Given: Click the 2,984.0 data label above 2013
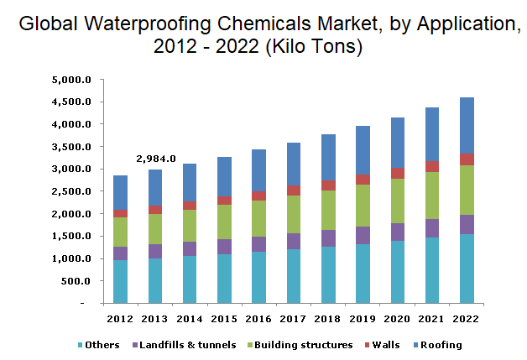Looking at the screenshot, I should click(x=157, y=159).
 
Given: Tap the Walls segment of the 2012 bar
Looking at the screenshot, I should click(x=121, y=213).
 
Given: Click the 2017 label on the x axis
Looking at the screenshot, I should click(x=295, y=318).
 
